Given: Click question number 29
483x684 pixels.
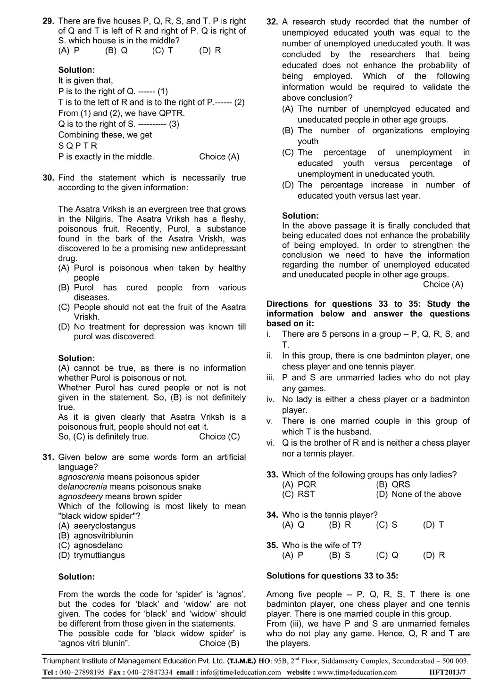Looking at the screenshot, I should click(x=49, y=21).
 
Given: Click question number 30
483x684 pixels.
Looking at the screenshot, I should click(x=49, y=178).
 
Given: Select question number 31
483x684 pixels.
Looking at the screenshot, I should click(x=49, y=457).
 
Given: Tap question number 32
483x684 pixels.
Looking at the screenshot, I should click(x=272, y=22).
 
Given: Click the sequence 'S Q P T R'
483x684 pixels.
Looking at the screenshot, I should click(x=78, y=146).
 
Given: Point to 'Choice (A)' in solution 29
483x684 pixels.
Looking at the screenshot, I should click(x=219, y=156).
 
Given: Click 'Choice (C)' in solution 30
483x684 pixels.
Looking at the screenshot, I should click(x=219, y=436).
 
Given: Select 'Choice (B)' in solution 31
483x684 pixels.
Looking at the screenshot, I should click(x=219, y=643).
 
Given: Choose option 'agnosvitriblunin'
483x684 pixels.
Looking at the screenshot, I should click(x=103, y=536).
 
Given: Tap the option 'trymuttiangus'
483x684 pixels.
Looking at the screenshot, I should click(x=99, y=555).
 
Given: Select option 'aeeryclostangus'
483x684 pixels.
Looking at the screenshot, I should click(x=104, y=526).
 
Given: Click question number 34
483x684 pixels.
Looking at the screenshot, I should click(x=272, y=515).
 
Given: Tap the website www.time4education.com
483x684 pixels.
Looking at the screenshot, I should click(x=358, y=672).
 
